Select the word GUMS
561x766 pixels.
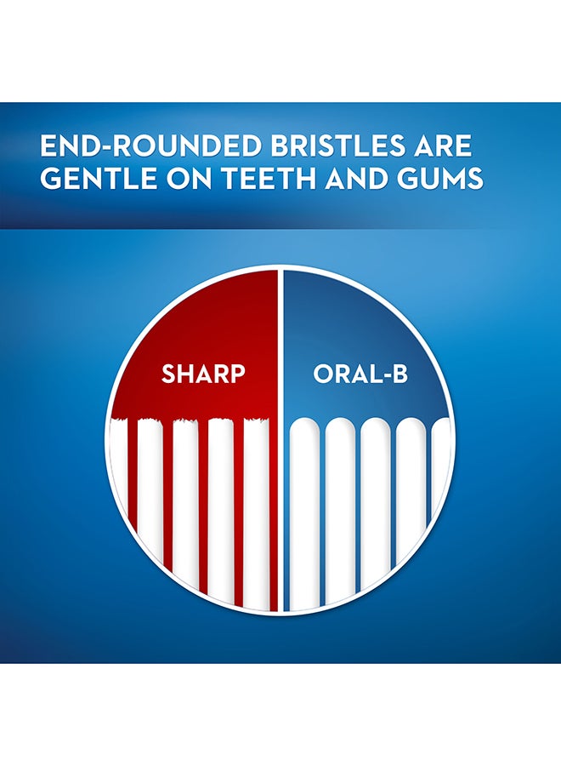point(439,178)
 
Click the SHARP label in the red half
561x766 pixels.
point(203,374)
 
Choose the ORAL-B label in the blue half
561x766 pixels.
point(360,374)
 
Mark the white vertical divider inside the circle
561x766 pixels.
point(280,440)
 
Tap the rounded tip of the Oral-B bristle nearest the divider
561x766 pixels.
point(304,424)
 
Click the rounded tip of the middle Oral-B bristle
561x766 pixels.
point(375,424)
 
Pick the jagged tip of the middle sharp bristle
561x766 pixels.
point(186,421)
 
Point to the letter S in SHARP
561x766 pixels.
point(169,374)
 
